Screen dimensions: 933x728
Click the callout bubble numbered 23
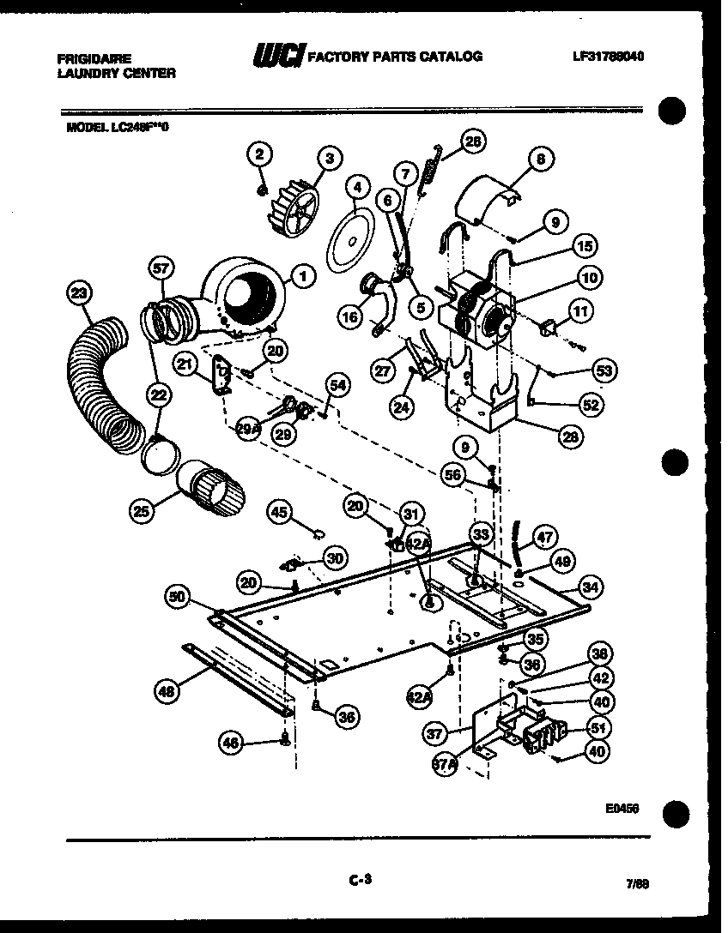coord(80,293)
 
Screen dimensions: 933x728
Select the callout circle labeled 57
coord(161,268)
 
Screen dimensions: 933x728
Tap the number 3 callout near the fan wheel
coord(328,157)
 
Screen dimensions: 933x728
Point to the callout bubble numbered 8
coord(540,159)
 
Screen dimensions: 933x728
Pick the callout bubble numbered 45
coord(279,512)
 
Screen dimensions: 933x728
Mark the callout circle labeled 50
coord(178,598)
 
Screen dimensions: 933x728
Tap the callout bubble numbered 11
coord(582,311)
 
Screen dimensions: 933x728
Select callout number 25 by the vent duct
coord(143,512)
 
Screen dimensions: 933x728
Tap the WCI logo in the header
coord(276,56)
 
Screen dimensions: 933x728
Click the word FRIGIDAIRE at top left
coord(94,60)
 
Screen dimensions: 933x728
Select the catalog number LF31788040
coord(608,57)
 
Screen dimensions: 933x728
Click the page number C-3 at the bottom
coord(361,877)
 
